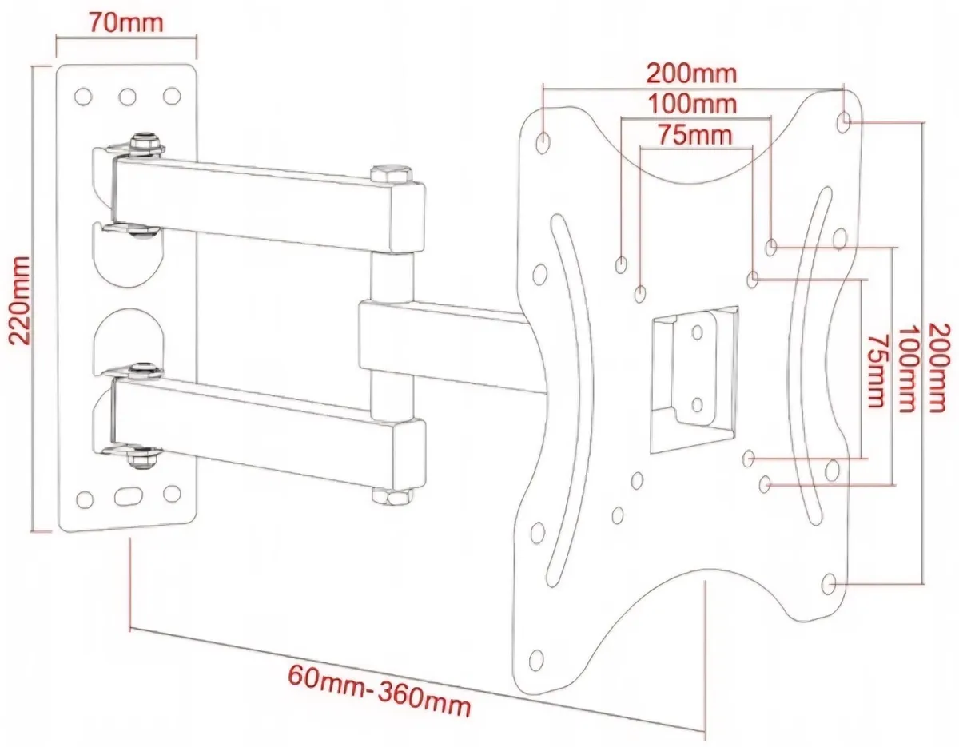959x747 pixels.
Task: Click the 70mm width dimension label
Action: pyautogui.click(x=125, y=21)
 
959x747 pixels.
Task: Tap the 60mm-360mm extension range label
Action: pyautogui.click(x=379, y=690)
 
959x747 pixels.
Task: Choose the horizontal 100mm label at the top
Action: pyautogui.click(x=692, y=103)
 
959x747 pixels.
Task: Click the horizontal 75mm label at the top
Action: pyautogui.click(x=694, y=134)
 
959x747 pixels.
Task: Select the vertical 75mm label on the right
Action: pyautogui.click(x=876, y=371)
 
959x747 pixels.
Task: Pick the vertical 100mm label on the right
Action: pyautogui.click(x=906, y=368)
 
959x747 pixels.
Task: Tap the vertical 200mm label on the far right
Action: pyautogui.click(x=941, y=367)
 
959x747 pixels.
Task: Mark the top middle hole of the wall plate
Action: pyautogui.click(x=127, y=97)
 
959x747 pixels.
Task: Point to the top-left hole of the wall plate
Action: pyautogui.click(x=82, y=97)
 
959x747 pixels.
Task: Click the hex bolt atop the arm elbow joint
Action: pyautogui.click(x=391, y=173)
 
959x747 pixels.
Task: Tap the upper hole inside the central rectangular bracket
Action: pyautogui.click(x=697, y=332)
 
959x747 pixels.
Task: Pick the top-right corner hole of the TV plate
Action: pyautogui.click(x=846, y=121)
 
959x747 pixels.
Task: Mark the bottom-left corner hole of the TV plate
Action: pyautogui.click(x=536, y=660)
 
